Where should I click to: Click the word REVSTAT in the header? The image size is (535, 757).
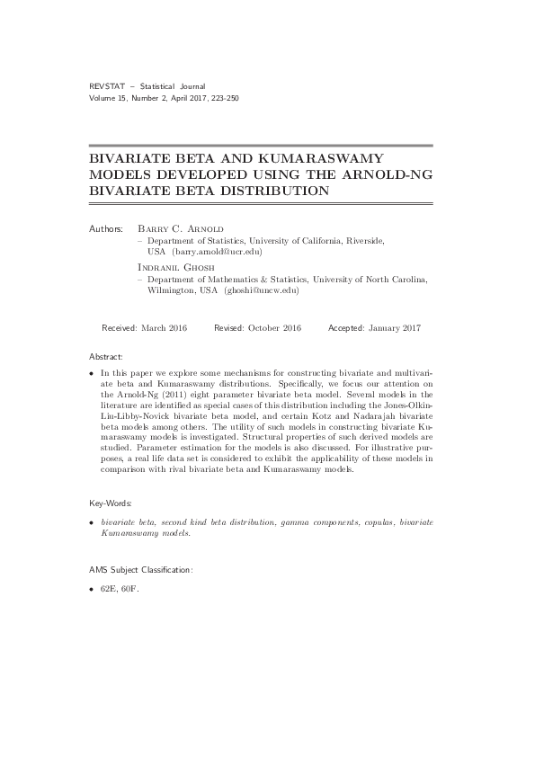(x=107, y=85)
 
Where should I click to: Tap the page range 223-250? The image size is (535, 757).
(x=222, y=96)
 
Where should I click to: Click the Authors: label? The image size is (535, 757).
(x=107, y=229)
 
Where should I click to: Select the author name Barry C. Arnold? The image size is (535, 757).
(x=180, y=229)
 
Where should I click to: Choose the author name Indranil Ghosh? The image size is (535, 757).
(x=178, y=268)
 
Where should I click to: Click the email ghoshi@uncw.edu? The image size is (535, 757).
(x=257, y=291)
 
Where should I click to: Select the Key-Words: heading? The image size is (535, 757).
(x=111, y=505)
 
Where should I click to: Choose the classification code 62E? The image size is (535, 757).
(x=111, y=590)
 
